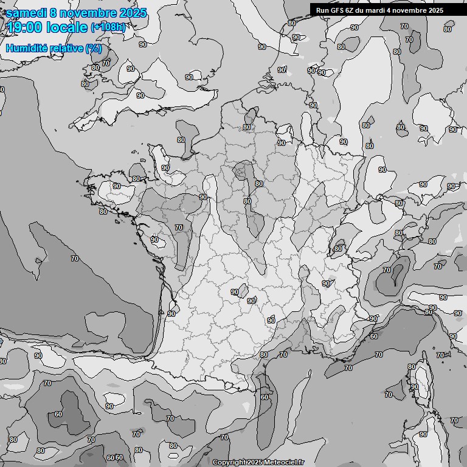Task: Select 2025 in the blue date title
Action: point(133,13)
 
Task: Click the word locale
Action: point(67,27)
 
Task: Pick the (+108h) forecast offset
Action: point(108,27)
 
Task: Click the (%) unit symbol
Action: point(93,48)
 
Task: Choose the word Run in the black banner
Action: point(322,10)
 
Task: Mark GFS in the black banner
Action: point(337,10)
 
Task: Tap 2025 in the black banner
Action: point(435,10)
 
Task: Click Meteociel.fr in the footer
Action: point(283,462)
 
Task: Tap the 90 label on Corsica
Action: point(414,387)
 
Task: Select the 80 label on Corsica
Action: point(412,367)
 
